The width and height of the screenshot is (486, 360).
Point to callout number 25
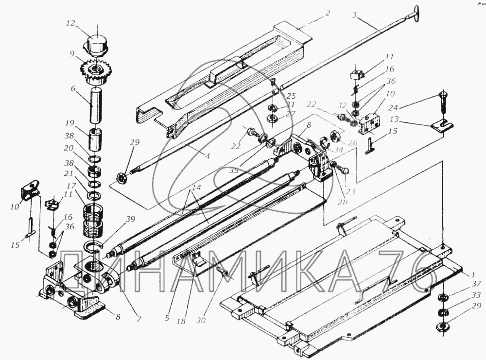(x=291, y=96)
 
